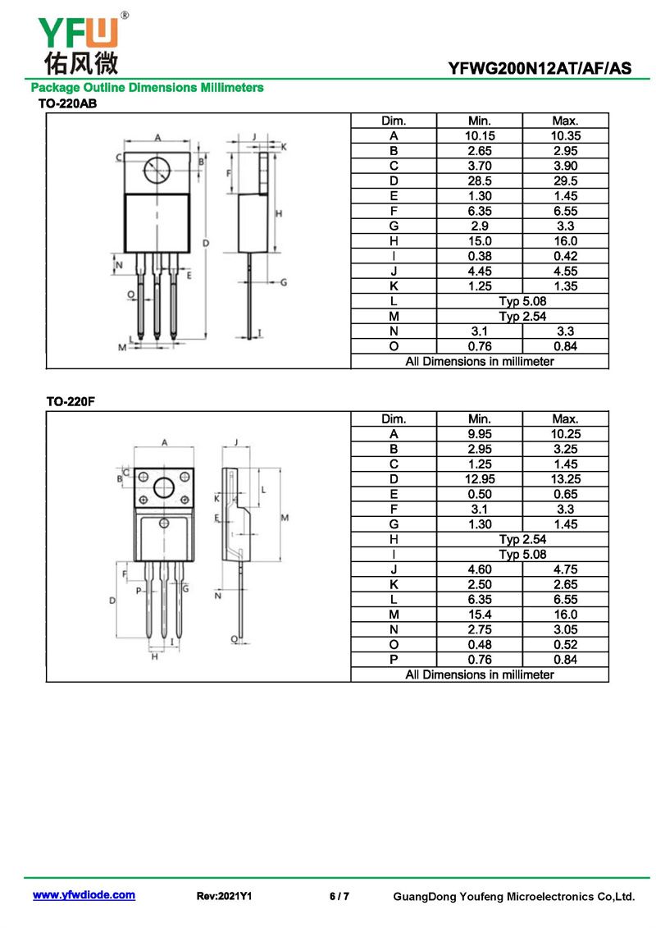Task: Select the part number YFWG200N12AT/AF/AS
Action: [540, 68]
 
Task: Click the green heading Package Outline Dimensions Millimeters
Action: [148, 88]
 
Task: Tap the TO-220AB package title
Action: [67, 103]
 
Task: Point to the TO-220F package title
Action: [71, 401]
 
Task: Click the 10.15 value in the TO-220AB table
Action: [480, 135]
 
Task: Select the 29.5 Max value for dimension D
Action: [566, 181]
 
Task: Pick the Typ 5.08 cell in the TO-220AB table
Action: [522, 300]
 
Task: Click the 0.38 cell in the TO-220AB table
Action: [480, 256]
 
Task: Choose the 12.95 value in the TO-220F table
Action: [480, 479]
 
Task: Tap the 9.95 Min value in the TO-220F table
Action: [480, 434]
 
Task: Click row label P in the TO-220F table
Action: [394, 660]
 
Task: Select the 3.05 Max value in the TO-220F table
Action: [566, 629]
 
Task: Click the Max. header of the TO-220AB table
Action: [566, 121]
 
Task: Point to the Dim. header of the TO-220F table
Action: [394, 419]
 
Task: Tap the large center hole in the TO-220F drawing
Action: [164, 487]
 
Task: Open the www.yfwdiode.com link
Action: [84, 895]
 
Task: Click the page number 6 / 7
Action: [339, 896]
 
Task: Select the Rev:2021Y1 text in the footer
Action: [224, 896]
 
